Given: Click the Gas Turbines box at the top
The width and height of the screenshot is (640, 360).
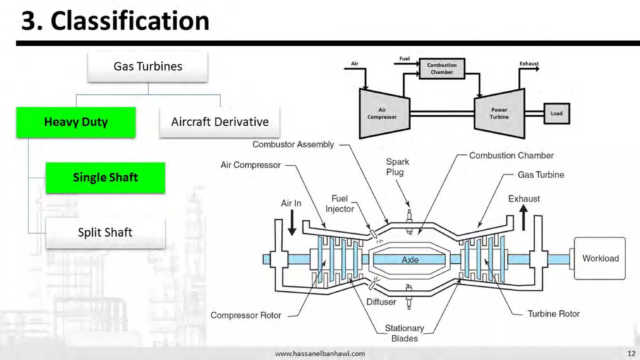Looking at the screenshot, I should pos(147,67).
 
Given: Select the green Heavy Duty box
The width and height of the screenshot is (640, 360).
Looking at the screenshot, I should pos(76,122).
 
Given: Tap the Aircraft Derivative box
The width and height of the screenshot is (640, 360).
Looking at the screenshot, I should pos(219,122).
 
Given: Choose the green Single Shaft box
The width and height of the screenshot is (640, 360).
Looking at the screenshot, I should pos(105,177).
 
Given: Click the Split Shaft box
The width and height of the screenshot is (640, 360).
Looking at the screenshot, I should pos(105,233).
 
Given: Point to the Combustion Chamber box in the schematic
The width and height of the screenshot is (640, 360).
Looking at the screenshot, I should pos(442,68).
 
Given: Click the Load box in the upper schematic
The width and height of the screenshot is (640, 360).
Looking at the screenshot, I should pos(556,113).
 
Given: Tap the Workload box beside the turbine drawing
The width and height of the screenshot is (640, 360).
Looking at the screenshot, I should pos(600,258).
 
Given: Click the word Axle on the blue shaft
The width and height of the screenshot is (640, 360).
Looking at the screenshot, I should pos(410,260).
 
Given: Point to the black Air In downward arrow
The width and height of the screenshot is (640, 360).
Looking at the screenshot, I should pos(292,222).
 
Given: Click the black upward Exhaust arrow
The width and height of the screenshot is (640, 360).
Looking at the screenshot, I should pos(523,217).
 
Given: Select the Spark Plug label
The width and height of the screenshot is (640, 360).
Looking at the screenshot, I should pos(397,167).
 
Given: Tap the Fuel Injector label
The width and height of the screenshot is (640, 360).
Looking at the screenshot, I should pos(340,204).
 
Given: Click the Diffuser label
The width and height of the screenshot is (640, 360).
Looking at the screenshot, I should pos(381,302).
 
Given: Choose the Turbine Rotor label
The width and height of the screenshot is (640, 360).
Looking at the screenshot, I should pos(553,314).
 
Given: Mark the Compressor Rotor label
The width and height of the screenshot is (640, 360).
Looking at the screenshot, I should pos(246,315).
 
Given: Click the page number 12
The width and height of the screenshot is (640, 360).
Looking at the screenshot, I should pos(631,353).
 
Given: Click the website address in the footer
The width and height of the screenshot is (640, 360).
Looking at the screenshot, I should pos(320,353).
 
